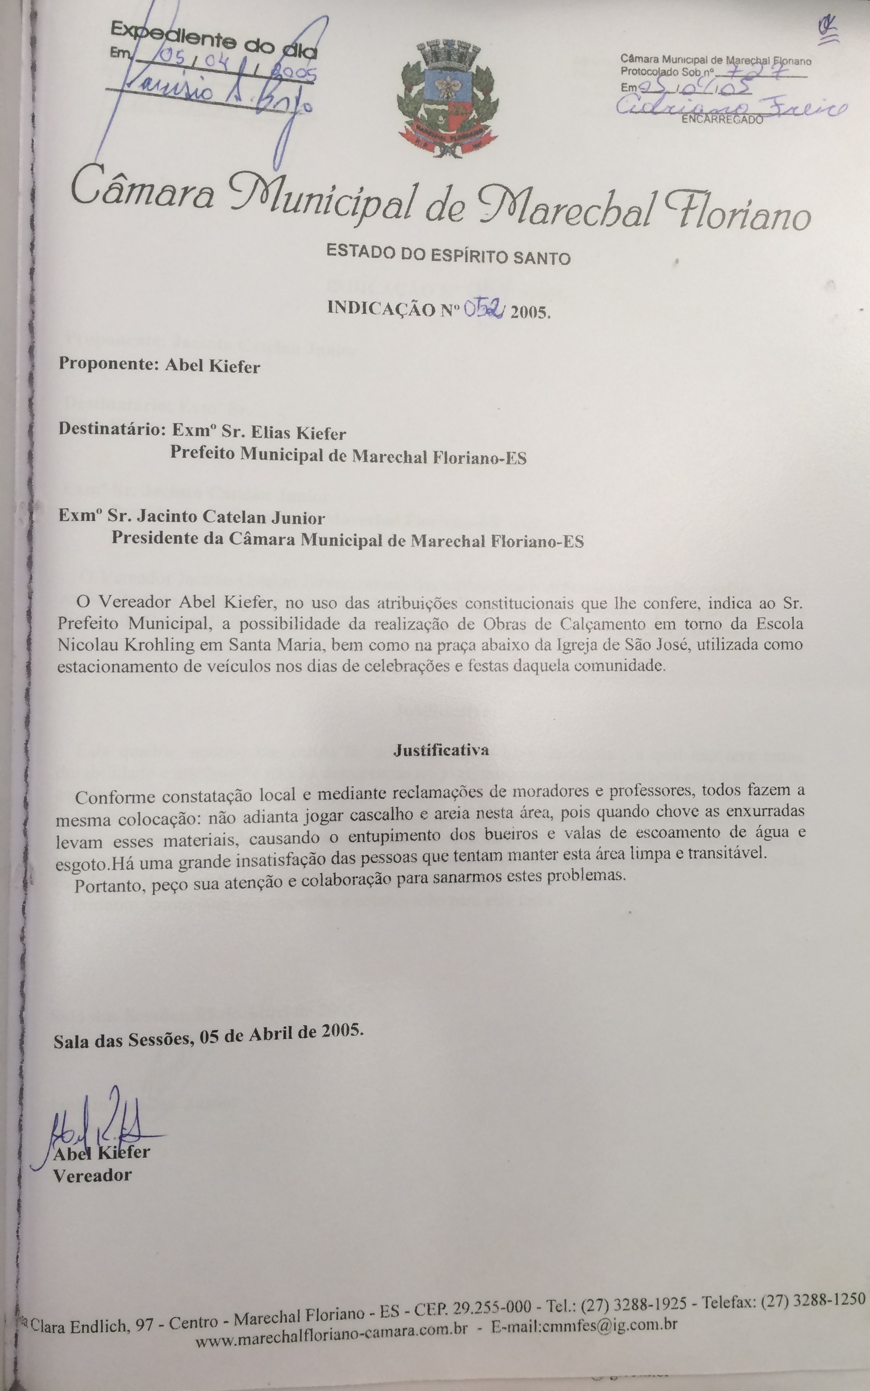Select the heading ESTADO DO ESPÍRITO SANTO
448,255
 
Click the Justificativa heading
442,750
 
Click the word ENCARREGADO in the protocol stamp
722,120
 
